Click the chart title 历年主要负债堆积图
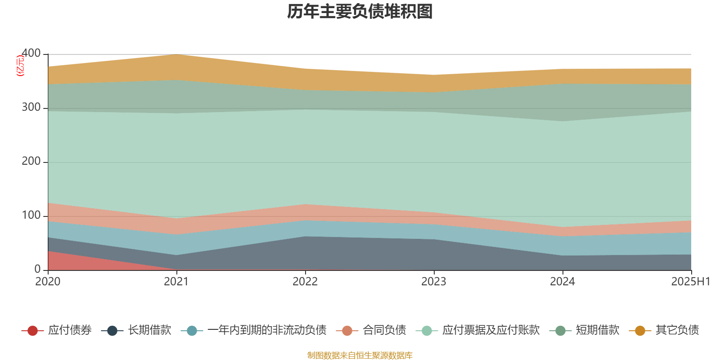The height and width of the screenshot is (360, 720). (x=360, y=12)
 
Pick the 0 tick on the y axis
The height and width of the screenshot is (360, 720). (x=37, y=270)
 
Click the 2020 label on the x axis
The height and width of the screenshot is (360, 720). (x=48, y=282)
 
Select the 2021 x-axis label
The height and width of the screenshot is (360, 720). (x=176, y=282)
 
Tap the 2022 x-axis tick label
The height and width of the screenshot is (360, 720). (x=305, y=282)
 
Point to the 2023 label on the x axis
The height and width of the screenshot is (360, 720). (x=434, y=282)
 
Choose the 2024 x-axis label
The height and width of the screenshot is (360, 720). (x=562, y=282)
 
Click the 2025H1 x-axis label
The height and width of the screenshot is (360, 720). (x=690, y=282)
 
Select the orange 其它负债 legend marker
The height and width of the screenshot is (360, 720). (x=640, y=331)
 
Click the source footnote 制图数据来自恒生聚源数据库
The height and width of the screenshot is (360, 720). (x=360, y=355)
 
